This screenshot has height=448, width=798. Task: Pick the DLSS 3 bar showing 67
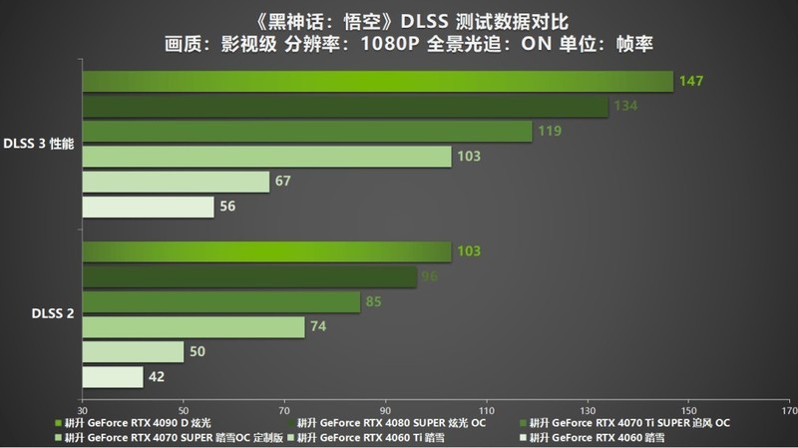[176, 181]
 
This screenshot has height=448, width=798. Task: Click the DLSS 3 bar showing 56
[148, 206]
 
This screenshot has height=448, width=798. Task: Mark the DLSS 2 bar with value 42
[112, 376]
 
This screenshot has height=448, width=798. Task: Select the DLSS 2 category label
[52, 313]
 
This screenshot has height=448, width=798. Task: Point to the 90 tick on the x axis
[385, 409]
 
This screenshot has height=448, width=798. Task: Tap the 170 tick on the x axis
[788, 409]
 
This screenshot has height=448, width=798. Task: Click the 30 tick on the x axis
[82, 409]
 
